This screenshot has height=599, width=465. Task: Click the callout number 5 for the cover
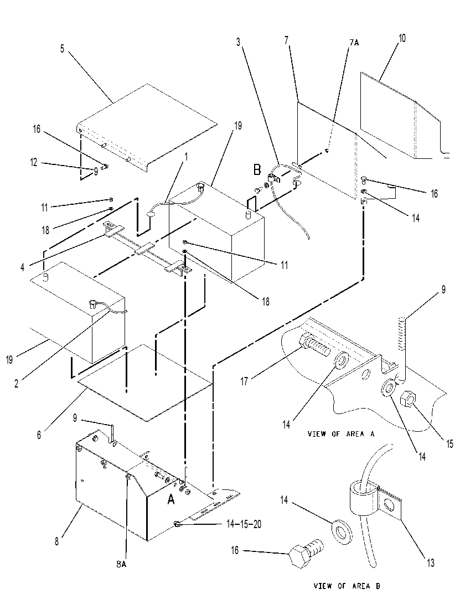tap(63, 49)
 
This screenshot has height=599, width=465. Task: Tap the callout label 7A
tap(354, 43)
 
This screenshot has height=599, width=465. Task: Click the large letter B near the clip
tap(257, 170)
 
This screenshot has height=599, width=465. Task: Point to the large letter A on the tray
tap(171, 499)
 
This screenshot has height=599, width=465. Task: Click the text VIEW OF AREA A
tap(341, 433)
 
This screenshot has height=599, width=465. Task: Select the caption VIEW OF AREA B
tap(347, 586)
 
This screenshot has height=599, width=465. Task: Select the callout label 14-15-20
tap(244, 524)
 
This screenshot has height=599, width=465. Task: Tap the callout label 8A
tap(121, 564)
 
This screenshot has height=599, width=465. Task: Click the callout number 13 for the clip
tap(431, 562)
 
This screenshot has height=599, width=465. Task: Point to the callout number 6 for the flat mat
tap(39, 435)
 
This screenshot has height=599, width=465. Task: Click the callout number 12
tap(34, 162)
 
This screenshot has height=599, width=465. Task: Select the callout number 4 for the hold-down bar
tap(23, 268)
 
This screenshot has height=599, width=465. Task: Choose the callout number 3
tap(239, 42)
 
